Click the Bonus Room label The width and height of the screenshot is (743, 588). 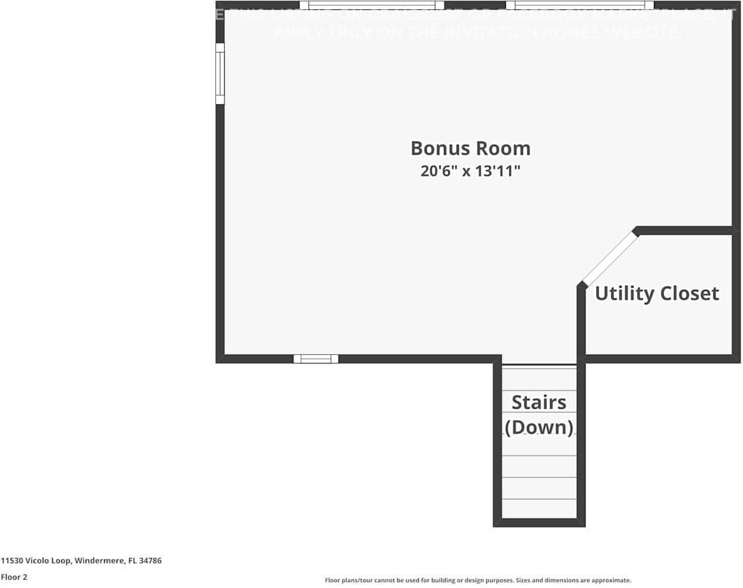(x=470, y=148)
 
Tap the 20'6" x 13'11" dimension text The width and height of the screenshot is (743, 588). (x=470, y=172)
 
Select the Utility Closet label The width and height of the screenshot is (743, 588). (x=657, y=294)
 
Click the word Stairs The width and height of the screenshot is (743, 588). (x=539, y=402)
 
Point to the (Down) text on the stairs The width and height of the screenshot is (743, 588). (x=539, y=427)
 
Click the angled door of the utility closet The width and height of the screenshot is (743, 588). (x=610, y=257)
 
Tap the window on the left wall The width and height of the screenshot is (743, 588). (x=220, y=74)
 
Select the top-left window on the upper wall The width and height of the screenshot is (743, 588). (x=371, y=5)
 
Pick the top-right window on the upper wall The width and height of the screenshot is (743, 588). (x=580, y=5)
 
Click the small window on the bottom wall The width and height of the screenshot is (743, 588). (x=316, y=359)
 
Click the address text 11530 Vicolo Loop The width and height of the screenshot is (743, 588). (x=36, y=561)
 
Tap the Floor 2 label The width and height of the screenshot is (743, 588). (x=14, y=577)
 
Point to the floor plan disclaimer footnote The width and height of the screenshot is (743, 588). (x=478, y=580)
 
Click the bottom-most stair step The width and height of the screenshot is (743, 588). (x=539, y=508)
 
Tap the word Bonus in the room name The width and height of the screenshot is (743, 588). (x=437, y=148)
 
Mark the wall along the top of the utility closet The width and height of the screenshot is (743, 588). (x=685, y=230)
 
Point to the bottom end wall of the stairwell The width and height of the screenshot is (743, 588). (x=539, y=523)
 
